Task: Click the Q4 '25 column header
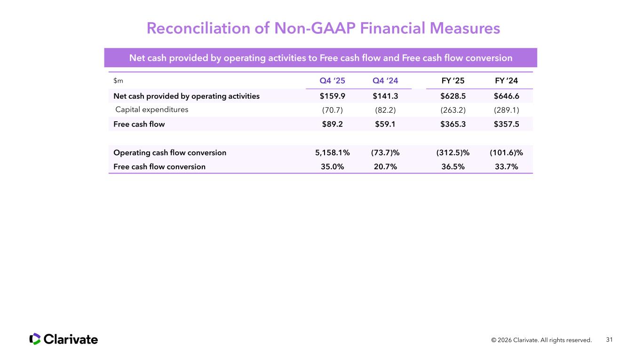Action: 332,80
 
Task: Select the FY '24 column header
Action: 507,80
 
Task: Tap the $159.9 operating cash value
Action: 332,96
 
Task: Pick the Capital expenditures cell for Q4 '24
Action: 385,110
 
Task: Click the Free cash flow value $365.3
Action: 453,125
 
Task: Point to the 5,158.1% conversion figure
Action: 332,153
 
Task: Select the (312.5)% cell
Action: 453,153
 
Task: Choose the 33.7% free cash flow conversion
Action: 507,166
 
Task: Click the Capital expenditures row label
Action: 151,110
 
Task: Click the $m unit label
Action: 118,81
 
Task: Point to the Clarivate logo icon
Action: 35,339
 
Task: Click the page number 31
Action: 610,339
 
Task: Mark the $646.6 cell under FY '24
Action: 507,96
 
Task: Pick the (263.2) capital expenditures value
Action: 453,110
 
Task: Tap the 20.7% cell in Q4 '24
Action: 385,166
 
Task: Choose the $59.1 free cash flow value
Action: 385,125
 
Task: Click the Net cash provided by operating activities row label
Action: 186,96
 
